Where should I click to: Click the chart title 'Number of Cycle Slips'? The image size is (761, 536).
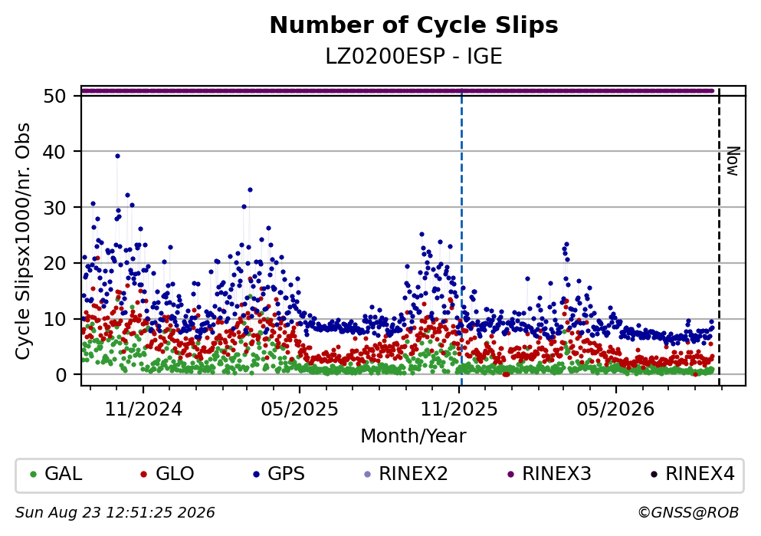414,25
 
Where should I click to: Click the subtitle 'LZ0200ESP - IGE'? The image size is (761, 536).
414,56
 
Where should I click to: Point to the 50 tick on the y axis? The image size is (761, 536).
55,96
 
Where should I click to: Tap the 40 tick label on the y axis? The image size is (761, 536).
55,152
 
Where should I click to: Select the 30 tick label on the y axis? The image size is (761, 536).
55,208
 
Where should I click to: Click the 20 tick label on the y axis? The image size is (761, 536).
55,264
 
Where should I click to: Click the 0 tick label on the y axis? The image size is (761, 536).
61,375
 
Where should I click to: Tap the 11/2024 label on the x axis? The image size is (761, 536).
143,409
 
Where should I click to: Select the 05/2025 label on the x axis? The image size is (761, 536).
300,409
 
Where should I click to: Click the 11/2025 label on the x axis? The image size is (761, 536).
459,409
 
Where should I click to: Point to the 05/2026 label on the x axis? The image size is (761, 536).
615,409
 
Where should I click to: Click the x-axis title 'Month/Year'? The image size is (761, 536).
414,436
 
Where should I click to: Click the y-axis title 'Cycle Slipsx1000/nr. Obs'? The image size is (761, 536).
23,242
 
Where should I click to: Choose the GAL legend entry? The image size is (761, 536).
56,474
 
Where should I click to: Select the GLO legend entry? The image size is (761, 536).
167,474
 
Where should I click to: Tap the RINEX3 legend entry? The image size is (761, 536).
549,474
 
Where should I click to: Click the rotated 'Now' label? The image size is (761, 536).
733,161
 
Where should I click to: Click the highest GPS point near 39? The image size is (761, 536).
117,156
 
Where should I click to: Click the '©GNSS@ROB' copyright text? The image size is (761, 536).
688,513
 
